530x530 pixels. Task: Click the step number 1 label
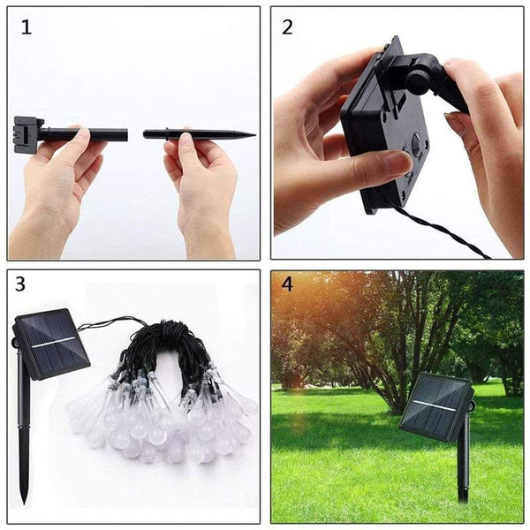click(x=26, y=27)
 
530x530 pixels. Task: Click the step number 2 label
click(x=287, y=27)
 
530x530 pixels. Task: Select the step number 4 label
click(x=286, y=285)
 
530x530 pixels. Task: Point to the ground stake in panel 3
click(x=23, y=433)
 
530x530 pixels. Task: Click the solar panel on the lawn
click(x=435, y=405)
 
